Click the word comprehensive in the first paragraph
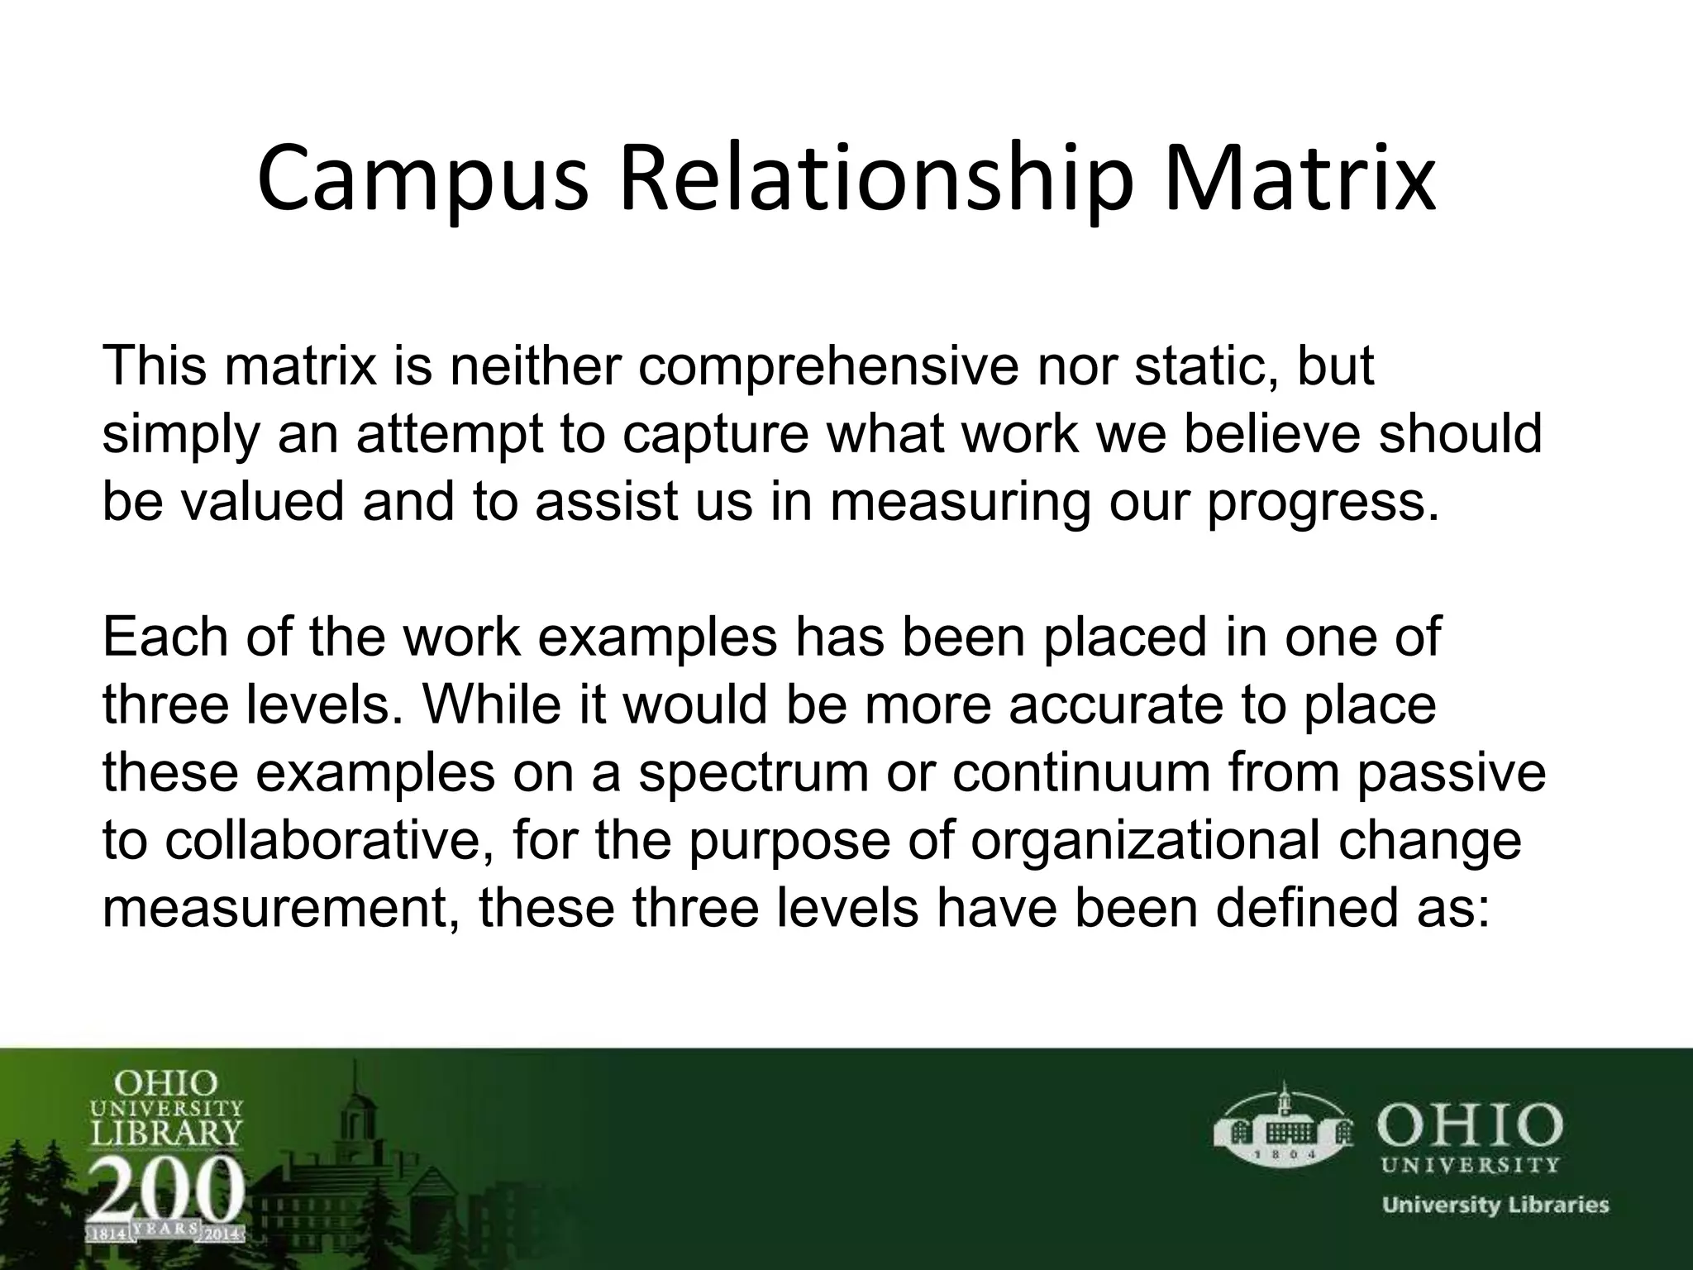tap(827, 367)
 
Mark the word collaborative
tap(330, 840)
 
